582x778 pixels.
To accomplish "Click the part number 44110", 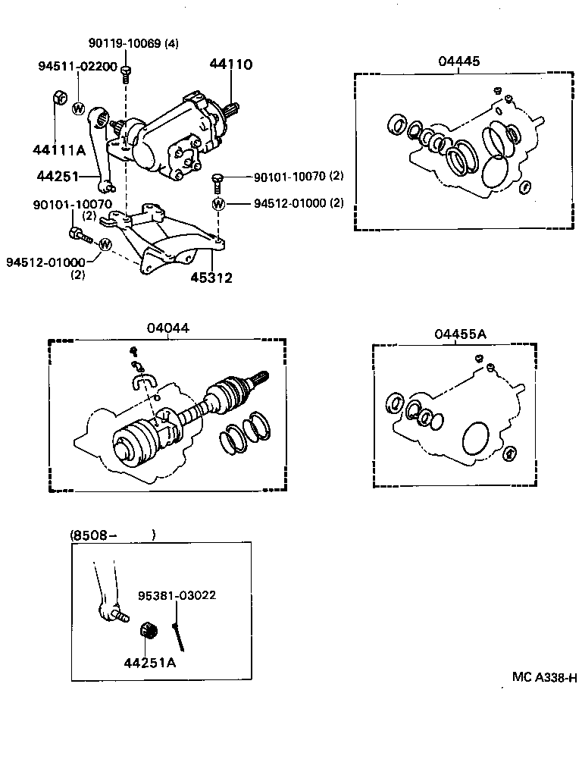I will tap(231, 65).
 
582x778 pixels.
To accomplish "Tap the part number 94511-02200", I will tap(77, 67).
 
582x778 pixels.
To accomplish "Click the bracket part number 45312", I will tap(212, 278).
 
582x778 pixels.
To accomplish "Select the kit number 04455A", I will tap(459, 334).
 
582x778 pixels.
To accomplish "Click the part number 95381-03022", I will tap(177, 595).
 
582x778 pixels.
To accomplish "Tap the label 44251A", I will tap(150, 662).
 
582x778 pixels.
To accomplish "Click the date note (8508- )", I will tap(113, 535).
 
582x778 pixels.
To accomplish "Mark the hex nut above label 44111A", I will tap(58, 99).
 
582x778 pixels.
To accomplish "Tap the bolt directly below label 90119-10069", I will tap(127, 72).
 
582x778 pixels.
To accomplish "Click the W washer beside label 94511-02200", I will tap(79, 108).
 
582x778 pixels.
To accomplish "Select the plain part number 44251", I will tap(57, 176).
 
